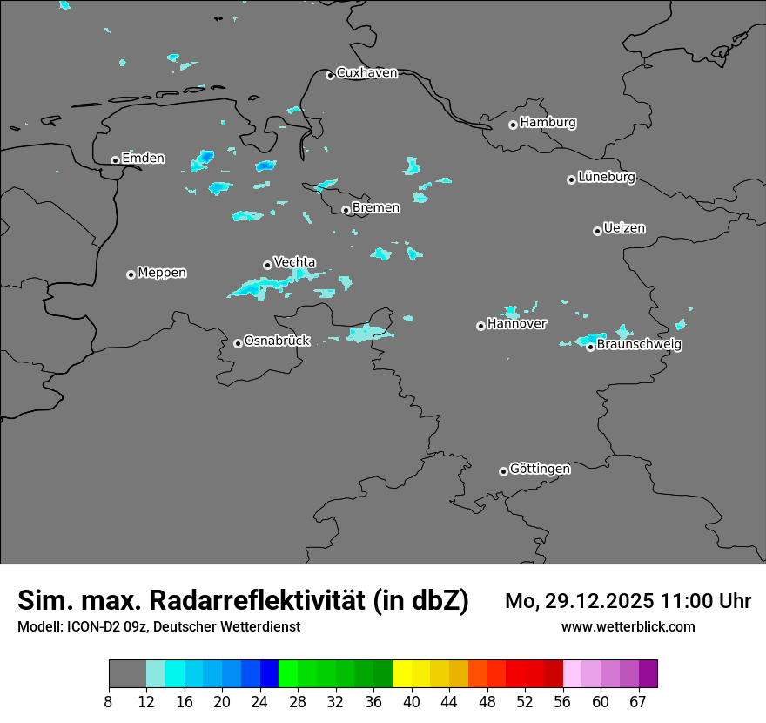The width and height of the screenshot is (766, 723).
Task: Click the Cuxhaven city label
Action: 366,73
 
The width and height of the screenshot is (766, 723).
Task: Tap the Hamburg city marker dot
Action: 513,125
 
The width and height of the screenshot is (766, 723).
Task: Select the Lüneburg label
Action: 607,178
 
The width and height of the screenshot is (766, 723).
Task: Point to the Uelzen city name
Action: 624,229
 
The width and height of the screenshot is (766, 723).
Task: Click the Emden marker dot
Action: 115,160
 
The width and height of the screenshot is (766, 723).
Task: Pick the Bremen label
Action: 376,208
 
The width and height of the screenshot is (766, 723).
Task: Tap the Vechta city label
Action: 294,262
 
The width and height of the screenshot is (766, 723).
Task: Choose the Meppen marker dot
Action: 131,274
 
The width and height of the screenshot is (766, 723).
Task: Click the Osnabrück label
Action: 277,341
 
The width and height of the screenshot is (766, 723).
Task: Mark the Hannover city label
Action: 517,324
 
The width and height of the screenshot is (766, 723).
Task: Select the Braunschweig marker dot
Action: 590,347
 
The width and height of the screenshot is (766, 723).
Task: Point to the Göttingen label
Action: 540,470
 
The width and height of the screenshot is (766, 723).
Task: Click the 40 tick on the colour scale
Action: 412,702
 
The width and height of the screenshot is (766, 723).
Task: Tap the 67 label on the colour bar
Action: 638,702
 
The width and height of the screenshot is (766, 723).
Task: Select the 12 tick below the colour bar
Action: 146,702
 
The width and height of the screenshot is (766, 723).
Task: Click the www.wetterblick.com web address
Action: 628,627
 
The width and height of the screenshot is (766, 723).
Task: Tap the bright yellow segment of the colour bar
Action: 402,674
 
